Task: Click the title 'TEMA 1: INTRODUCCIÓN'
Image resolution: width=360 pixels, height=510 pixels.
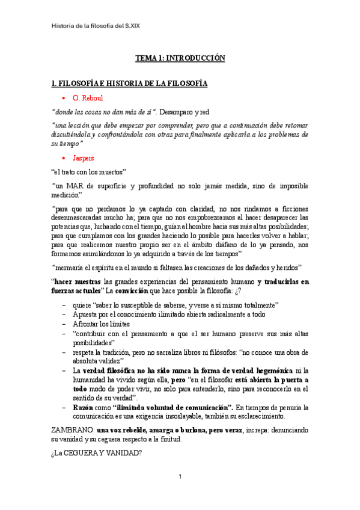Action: pyautogui.click(x=180, y=58)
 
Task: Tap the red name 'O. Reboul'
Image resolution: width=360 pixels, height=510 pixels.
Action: pyautogui.click(x=89, y=97)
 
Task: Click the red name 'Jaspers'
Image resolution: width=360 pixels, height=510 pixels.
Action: pyautogui.click(x=84, y=158)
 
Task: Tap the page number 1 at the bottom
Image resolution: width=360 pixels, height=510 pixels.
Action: pyautogui.click(x=180, y=477)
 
